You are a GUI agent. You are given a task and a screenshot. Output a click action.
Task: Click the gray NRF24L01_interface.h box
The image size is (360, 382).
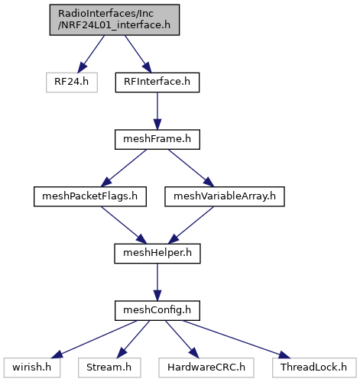[x=115, y=20]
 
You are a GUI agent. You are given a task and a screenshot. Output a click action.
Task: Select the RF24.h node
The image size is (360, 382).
[x=72, y=83]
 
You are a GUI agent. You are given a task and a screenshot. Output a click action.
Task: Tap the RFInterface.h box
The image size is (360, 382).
[x=157, y=83]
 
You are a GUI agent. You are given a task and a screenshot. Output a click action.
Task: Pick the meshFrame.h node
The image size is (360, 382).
[x=157, y=139]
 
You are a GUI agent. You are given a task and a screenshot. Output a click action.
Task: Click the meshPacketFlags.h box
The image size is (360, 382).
[x=90, y=196]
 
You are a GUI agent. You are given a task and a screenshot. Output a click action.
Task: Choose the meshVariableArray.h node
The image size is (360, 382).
[x=225, y=196]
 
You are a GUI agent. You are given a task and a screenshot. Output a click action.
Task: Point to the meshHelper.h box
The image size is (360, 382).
[x=157, y=254]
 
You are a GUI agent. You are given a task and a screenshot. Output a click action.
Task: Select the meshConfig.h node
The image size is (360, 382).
[x=157, y=310]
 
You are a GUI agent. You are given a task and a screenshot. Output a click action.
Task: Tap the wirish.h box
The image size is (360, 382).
[x=32, y=367]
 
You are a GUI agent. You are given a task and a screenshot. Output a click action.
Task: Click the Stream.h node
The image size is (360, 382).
[x=109, y=367]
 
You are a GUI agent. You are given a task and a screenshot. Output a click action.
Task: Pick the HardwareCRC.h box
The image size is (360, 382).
[x=206, y=367]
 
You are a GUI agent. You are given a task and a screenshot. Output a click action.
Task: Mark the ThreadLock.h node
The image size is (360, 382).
[x=314, y=367]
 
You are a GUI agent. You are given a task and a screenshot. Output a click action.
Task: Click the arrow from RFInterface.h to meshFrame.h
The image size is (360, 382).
[x=157, y=111]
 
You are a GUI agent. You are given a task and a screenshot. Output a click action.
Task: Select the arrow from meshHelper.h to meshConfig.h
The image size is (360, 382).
[x=157, y=282]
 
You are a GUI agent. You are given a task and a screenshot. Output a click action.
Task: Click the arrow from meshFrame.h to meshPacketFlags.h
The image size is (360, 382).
[x=124, y=168]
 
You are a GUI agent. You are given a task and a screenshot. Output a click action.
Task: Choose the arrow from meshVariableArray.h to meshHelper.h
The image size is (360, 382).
[x=191, y=225]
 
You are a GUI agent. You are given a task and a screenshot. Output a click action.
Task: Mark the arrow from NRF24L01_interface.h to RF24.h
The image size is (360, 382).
[x=91, y=54]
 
